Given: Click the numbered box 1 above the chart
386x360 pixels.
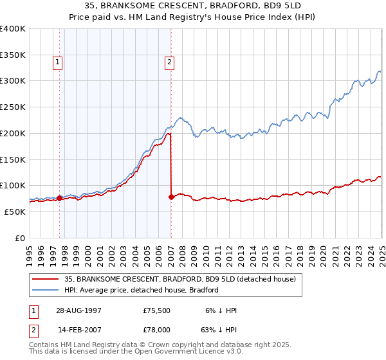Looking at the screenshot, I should (x=58, y=62).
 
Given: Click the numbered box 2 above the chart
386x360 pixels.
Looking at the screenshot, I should (x=169, y=62).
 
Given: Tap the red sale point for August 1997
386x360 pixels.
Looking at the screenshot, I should (x=60, y=198).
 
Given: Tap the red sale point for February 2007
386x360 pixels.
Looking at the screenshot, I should (x=171, y=197).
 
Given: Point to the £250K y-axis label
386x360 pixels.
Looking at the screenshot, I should (x=13, y=107).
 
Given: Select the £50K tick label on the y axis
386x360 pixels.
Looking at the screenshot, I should (x=15, y=212).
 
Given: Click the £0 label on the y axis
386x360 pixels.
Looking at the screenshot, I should (x=20, y=238).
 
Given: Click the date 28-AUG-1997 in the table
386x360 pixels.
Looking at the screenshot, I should (x=78, y=310).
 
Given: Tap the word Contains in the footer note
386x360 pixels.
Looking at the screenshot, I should (x=44, y=345).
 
